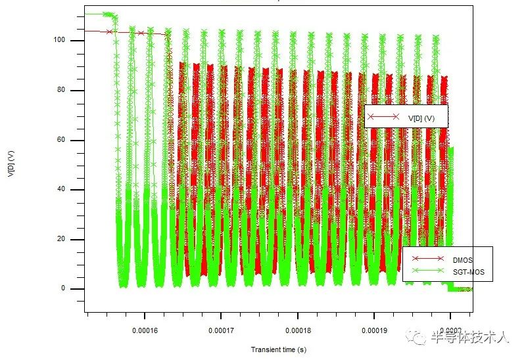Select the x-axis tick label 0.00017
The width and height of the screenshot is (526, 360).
[221, 330]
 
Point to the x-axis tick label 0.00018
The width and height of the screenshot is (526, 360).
[298, 330]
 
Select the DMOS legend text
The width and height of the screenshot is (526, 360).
[463, 260]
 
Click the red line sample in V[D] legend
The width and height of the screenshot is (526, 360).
[384, 118]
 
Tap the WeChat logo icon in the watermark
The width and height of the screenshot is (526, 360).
[417, 336]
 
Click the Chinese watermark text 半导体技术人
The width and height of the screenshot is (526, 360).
[469, 337]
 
